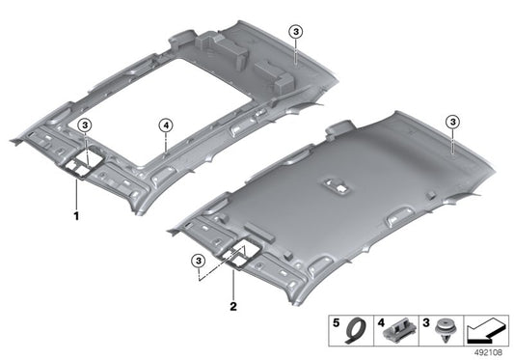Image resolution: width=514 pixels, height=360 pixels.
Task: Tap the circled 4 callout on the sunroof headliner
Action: coord(166,125)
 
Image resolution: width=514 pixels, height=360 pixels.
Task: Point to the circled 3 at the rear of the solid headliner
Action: coord(452,122)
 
